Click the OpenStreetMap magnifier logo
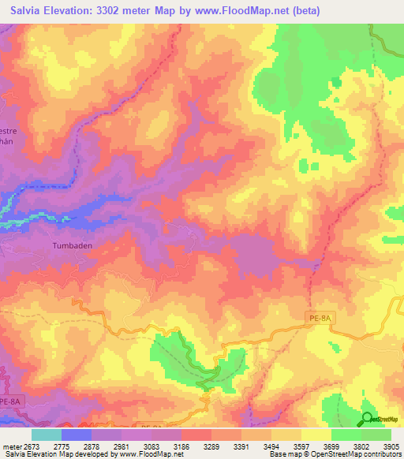point(367,418)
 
